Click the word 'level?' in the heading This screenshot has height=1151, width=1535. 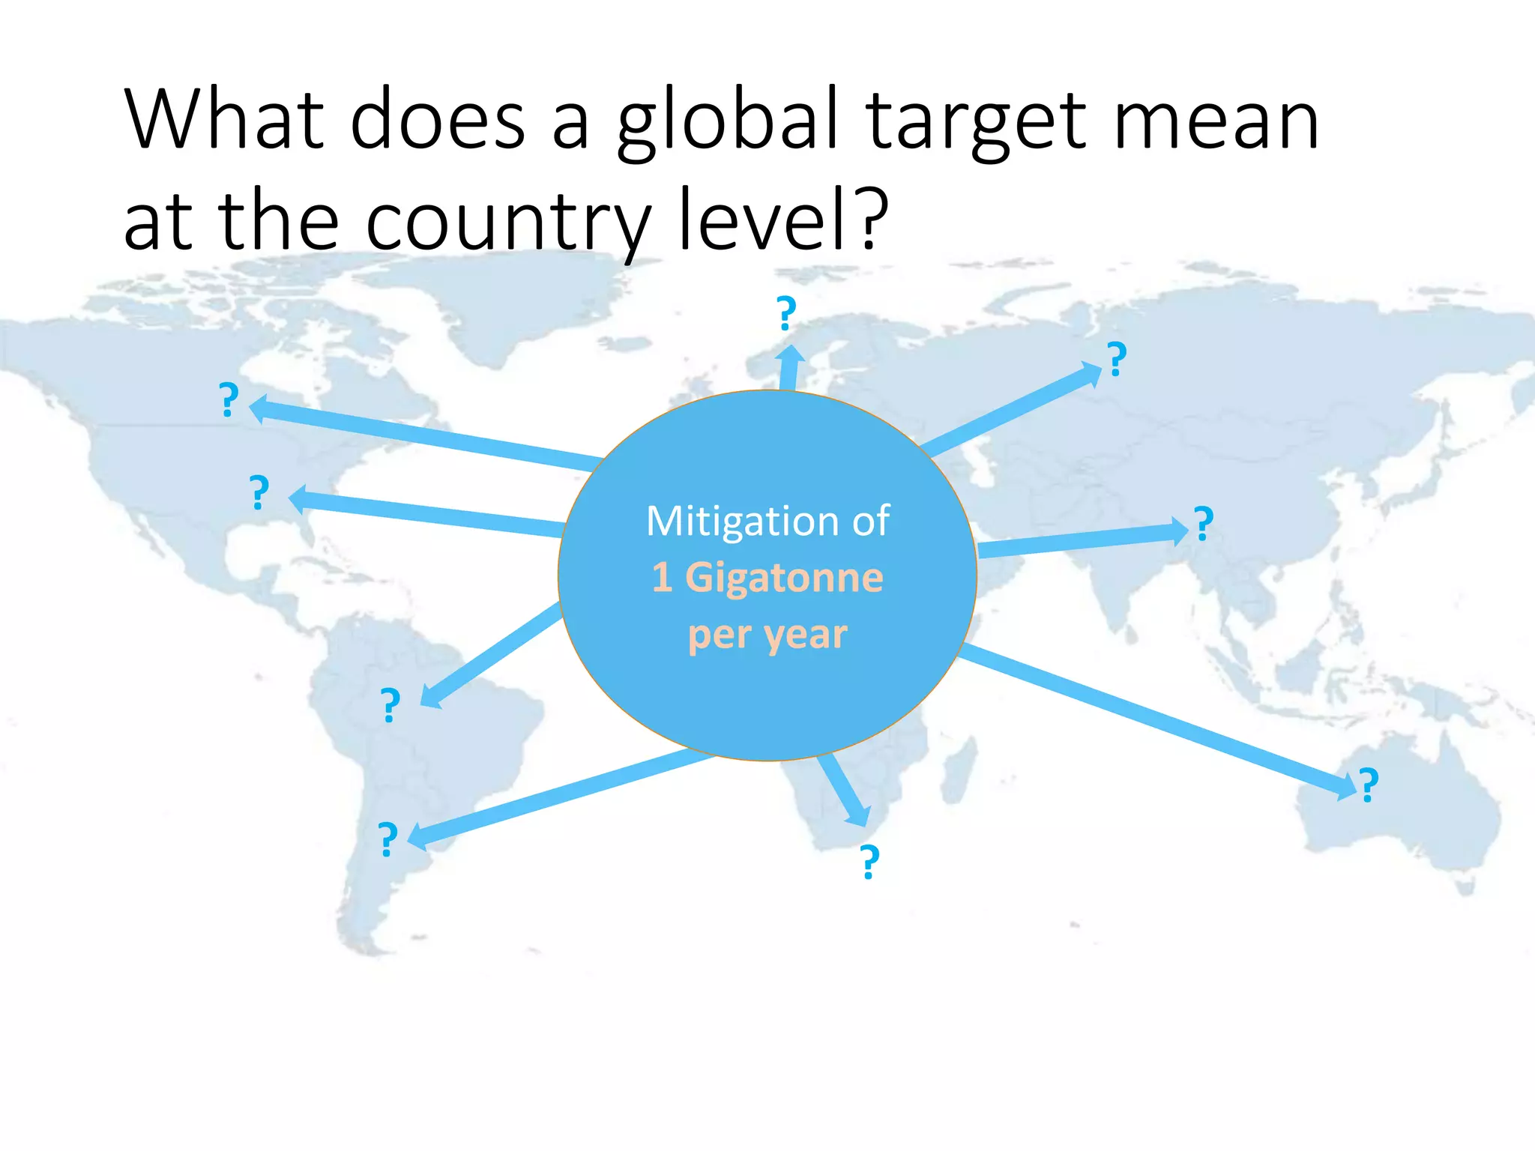782,219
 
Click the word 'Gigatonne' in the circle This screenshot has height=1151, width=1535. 784,578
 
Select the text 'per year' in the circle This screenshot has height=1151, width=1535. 767,635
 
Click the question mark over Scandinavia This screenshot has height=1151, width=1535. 785,313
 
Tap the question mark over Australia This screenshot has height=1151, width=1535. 1369,785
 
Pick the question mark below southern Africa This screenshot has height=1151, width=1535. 869,862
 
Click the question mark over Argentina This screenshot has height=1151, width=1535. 387,839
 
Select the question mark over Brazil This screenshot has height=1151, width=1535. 390,705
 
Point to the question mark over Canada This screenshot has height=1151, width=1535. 229,399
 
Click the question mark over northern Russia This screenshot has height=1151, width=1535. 1117,359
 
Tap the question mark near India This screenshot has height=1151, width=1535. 1203,524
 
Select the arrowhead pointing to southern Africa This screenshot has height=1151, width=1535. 858,815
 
